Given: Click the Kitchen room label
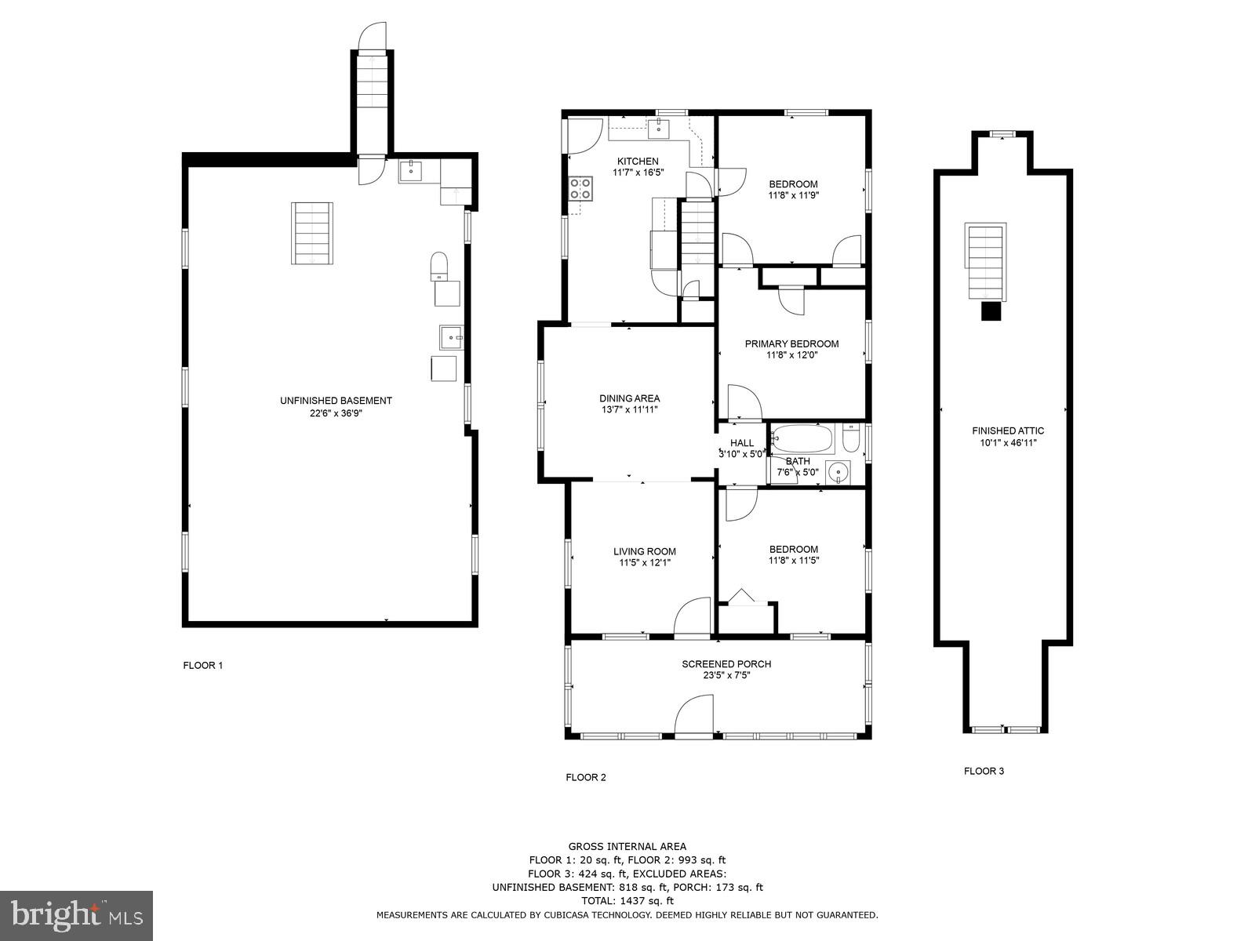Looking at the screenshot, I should point(637,162).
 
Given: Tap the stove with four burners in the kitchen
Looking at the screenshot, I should point(580,187).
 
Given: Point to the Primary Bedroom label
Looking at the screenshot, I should point(791,343).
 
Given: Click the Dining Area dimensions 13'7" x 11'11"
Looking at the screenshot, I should point(630,409).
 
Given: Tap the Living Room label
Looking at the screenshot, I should point(644,551).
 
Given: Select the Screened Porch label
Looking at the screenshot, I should point(726,664).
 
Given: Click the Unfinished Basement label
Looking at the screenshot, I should point(336,401).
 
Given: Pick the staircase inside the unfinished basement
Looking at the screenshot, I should point(312,233).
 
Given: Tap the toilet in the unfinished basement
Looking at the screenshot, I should point(439,266).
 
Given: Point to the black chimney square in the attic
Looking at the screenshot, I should point(992,311).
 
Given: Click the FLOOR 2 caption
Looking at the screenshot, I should point(586,778).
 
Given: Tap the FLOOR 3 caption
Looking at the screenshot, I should point(984,771).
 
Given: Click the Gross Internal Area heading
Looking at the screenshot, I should point(627,846).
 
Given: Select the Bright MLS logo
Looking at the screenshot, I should point(77,915).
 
